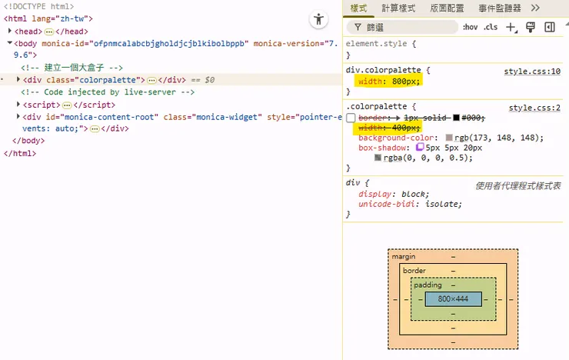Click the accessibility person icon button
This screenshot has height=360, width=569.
click(318, 19)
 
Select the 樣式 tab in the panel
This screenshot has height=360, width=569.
click(358, 8)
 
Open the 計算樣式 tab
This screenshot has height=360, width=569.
click(398, 8)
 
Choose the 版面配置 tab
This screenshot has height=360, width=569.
click(447, 8)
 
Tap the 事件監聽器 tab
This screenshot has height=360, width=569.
click(499, 8)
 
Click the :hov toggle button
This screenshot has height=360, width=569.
click(470, 27)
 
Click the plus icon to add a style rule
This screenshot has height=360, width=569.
click(511, 27)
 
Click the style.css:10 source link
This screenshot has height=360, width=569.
click(532, 72)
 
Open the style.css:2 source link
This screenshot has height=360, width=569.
click(534, 108)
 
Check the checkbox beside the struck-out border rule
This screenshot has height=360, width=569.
click(351, 118)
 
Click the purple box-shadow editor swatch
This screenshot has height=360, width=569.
click(420, 147)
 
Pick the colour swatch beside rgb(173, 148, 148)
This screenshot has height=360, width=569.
click(449, 138)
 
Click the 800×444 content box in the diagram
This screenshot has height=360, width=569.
click(453, 299)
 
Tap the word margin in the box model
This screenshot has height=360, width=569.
click(404, 257)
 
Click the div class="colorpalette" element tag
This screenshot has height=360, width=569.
click(84, 80)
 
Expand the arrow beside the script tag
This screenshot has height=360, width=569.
click(18, 105)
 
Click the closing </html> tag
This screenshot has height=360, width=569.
click(20, 153)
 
